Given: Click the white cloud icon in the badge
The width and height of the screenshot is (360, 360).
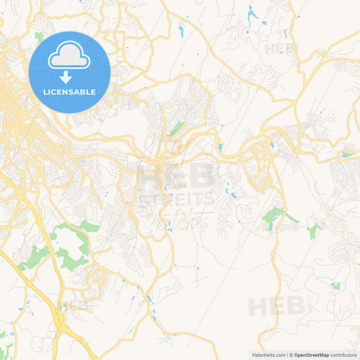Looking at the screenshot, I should pos(69,55).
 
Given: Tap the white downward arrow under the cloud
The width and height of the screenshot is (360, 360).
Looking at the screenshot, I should pos(66,77).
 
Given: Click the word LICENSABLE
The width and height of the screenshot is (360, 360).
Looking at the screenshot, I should pos(69,92).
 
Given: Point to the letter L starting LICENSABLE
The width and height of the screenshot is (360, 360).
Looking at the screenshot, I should pos(45,92).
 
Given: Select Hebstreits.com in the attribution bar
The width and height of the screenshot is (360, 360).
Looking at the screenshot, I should pos(269,355).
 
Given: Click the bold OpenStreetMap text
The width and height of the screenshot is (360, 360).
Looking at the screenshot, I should pos(311,355).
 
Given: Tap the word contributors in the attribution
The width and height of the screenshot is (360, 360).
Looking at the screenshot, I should pos(343,355).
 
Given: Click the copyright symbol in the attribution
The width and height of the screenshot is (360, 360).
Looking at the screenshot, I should pos(291,355).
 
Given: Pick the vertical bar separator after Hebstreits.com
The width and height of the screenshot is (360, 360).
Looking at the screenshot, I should pos(287,355).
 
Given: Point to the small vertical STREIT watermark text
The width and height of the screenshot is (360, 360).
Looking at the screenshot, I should pos(310,304).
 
